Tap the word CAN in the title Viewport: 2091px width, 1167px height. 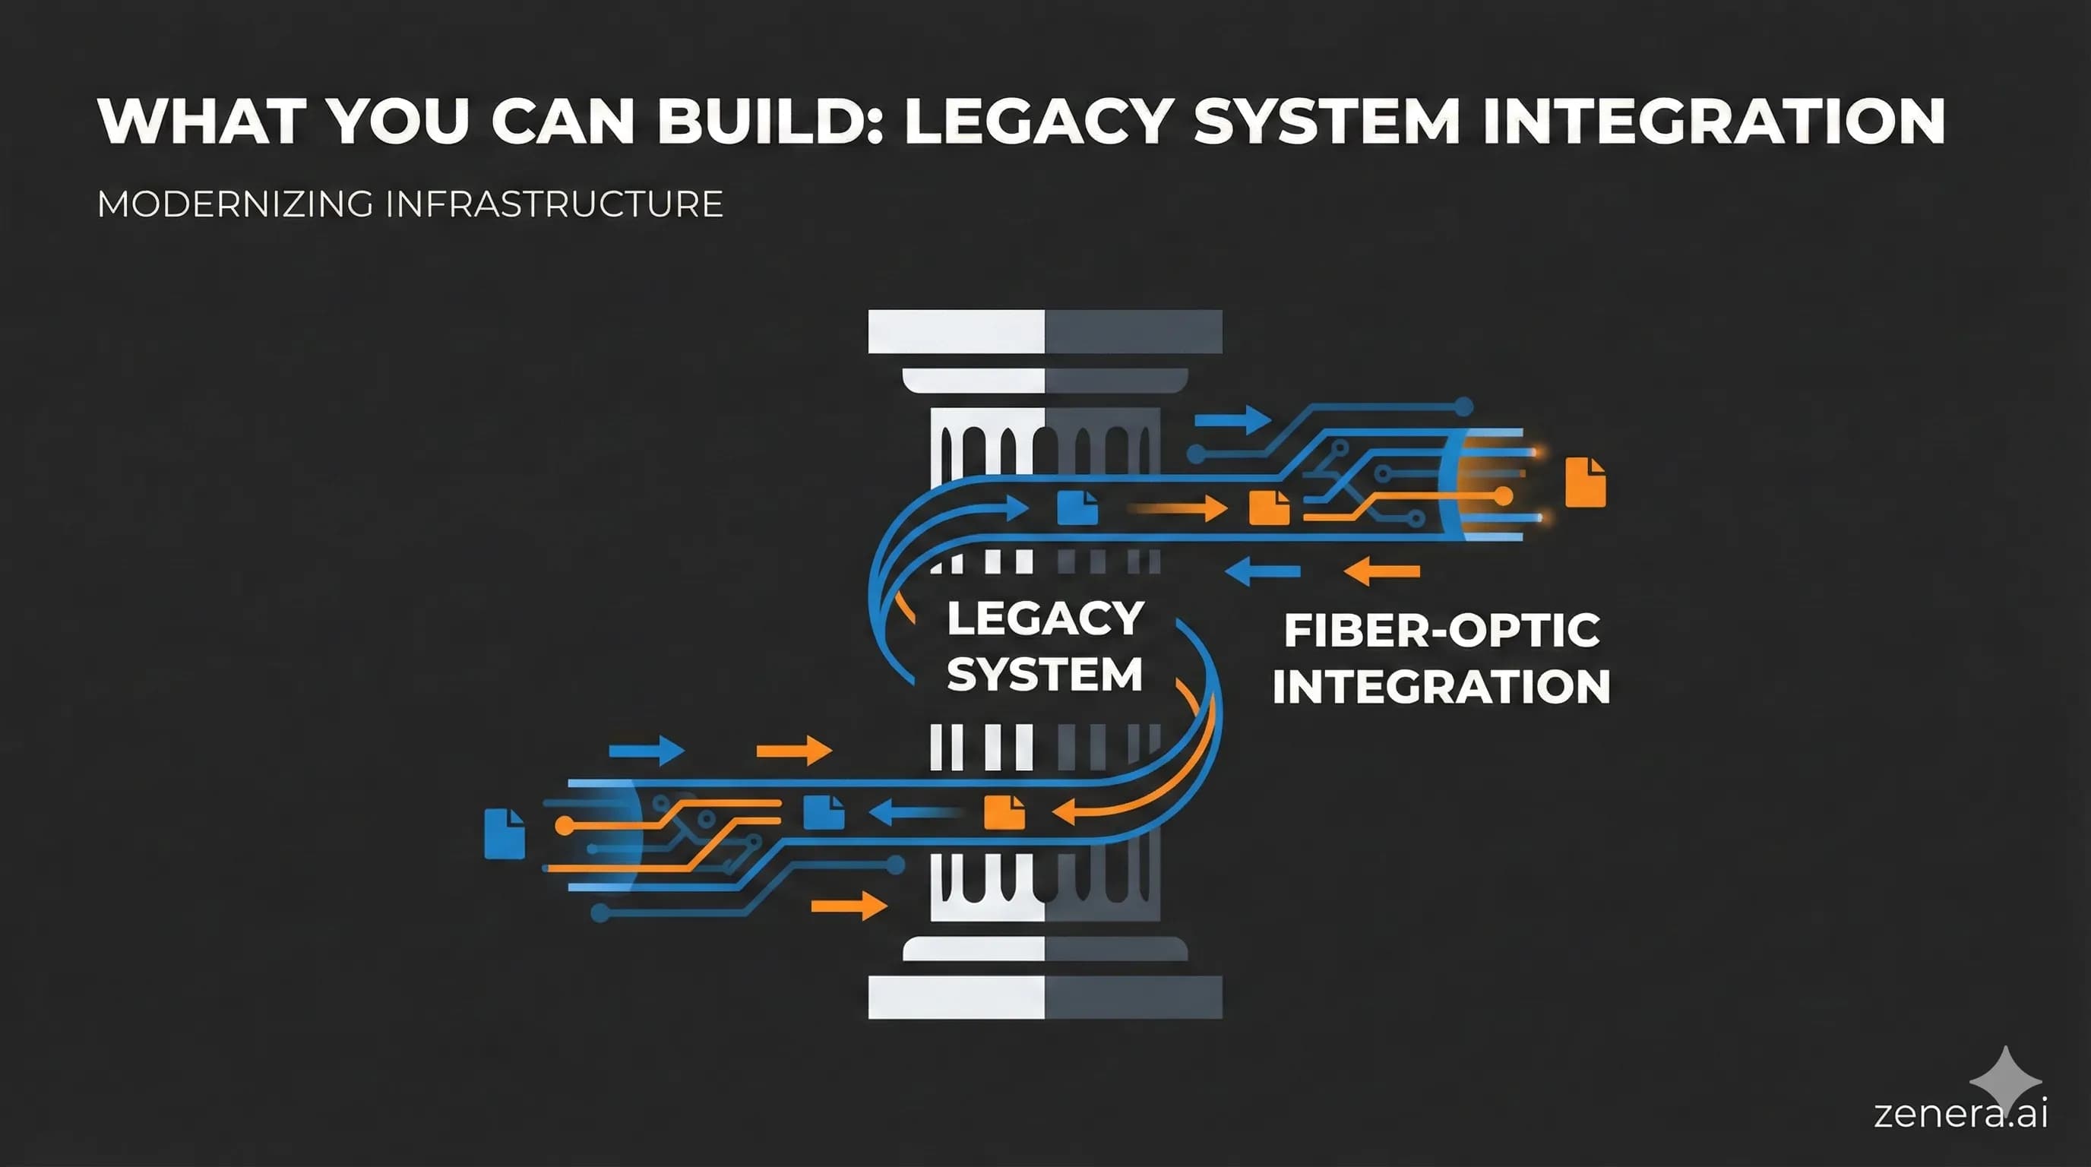click(562, 122)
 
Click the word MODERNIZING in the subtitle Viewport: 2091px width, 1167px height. click(236, 204)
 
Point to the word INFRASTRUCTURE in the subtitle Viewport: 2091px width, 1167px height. click(554, 204)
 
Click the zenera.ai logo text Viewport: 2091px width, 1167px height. click(1960, 1112)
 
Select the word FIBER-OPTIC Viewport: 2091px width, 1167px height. click(1441, 631)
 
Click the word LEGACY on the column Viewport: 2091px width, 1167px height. click(1045, 618)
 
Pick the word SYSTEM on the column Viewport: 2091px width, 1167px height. click(1045, 675)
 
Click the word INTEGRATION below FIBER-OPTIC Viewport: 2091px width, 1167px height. click(1441, 687)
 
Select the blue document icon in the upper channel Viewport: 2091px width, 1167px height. click(1077, 508)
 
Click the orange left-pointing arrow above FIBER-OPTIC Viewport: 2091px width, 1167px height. click(1381, 571)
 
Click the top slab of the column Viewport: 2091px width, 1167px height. click(1045, 331)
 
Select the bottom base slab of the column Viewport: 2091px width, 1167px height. click(1045, 997)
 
